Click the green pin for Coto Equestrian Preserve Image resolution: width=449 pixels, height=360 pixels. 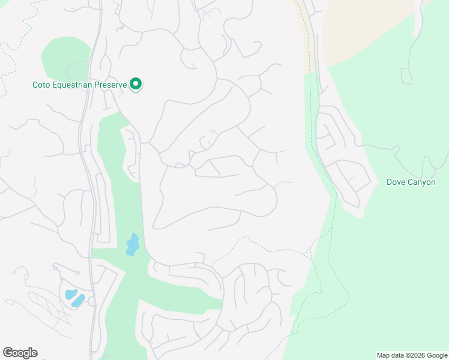point(136,85)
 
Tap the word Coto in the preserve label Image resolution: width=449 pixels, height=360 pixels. point(41,85)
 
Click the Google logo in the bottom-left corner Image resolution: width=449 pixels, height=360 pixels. point(20,353)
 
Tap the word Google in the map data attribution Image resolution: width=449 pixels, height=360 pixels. point(437,355)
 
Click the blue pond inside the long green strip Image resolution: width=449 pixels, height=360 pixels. point(133,245)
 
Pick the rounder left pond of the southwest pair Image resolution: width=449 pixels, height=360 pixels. point(70,295)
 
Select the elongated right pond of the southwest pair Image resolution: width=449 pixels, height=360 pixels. point(79,300)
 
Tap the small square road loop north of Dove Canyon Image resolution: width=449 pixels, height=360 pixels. point(407,76)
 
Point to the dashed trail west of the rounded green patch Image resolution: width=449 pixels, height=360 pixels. point(7,66)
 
